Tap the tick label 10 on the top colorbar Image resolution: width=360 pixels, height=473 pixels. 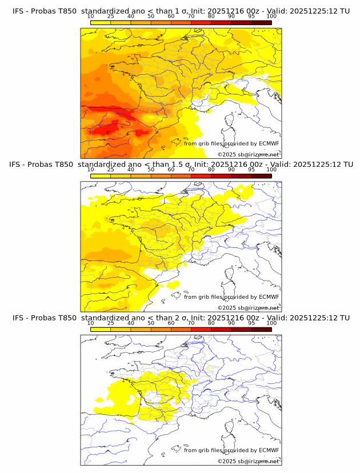[x=90, y=17]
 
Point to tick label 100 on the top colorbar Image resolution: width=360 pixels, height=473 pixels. [x=271, y=17]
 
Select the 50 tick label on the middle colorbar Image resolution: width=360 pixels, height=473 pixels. [x=151, y=170]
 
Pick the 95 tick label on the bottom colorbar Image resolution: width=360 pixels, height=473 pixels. [x=251, y=323]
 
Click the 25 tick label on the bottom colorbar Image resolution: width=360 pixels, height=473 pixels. [x=110, y=323]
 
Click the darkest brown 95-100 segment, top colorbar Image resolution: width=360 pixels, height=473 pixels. [x=261, y=22]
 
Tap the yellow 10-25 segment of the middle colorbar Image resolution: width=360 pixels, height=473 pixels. [x=100, y=176]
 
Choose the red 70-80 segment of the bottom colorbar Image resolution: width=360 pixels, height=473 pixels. [x=201, y=329]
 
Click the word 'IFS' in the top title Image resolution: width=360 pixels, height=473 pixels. [x=18, y=11]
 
